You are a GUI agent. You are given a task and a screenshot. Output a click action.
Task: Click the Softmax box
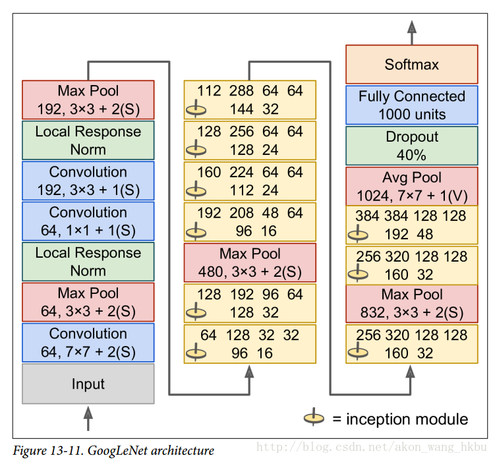pos(412,65)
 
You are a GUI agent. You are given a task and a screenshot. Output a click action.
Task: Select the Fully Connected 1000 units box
pos(412,105)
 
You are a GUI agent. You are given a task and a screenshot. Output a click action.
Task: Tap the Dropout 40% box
pos(412,146)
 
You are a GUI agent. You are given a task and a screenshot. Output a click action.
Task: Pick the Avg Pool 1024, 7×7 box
pos(412,187)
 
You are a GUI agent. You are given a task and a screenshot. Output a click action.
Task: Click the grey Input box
pos(88,384)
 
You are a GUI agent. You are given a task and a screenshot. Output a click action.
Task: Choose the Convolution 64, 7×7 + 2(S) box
pos(88,343)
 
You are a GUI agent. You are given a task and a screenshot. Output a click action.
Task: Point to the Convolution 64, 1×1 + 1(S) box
pos(88,221)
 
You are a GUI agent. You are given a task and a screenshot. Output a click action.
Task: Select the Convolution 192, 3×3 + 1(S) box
pos(88,181)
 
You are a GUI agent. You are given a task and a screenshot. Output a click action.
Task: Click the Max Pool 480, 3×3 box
pos(250,262)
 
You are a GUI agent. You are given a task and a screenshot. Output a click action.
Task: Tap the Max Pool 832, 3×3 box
pos(412,303)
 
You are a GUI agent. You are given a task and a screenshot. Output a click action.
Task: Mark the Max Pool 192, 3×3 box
pos(88,100)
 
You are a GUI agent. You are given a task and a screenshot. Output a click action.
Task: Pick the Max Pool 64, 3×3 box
pos(88,302)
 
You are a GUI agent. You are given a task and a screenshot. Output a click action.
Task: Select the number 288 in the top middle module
pos(242,90)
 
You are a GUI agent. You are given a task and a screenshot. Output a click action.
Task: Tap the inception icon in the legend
pos(314,418)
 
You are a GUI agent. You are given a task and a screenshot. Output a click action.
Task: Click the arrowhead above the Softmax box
pos(412,27)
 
